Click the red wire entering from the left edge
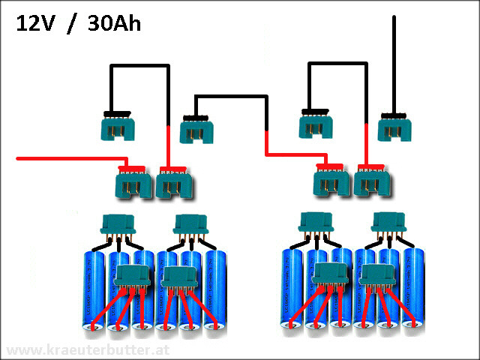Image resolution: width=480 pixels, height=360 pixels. [x=67, y=158]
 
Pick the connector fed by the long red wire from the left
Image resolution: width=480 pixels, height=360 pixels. [x=133, y=182]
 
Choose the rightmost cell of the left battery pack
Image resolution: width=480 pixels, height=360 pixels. [x=214, y=292]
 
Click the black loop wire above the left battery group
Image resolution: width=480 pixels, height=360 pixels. [x=138, y=67]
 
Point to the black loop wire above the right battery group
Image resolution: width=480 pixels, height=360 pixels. [x=337, y=65]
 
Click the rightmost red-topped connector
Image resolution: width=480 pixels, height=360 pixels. [x=372, y=181]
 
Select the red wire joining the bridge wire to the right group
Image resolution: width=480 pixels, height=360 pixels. [x=292, y=155]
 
